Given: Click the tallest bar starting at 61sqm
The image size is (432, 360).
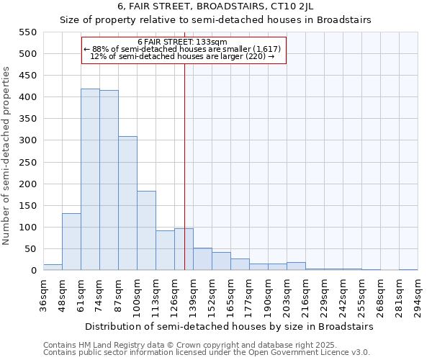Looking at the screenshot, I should [90, 180].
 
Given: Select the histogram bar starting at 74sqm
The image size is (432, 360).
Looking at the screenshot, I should [109, 181].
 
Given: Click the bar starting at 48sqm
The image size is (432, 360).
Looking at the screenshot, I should [71, 242].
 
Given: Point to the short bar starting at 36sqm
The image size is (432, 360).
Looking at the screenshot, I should [53, 267].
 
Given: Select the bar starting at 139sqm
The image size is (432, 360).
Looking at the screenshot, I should [202, 259].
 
